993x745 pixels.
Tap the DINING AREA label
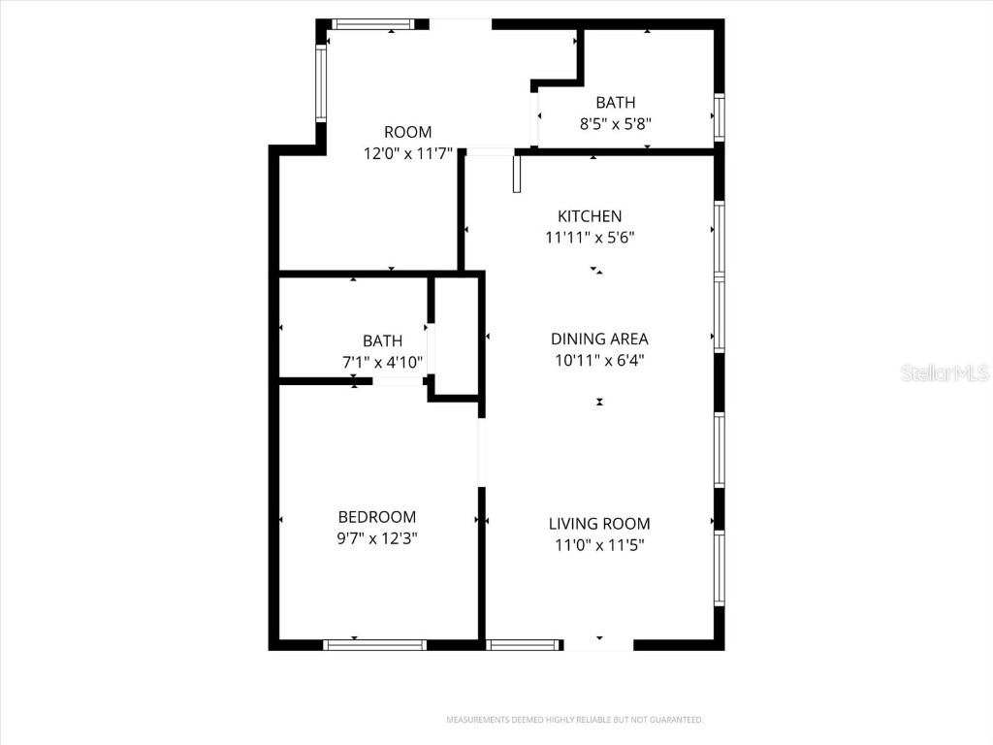tap(599, 339)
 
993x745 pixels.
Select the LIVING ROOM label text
tap(599, 524)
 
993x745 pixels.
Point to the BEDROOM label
tap(376, 517)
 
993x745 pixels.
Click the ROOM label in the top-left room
tap(407, 132)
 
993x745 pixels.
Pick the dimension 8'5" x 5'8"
tap(615, 123)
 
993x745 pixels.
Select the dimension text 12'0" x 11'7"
tap(407, 153)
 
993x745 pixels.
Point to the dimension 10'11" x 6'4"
tap(599, 360)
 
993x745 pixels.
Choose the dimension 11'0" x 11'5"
tap(599, 545)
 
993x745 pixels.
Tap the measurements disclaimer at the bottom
tap(574, 720)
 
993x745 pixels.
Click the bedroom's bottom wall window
tap(374, 644)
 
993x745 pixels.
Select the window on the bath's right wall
tap(719, 116)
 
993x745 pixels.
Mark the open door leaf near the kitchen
tap(517, 173)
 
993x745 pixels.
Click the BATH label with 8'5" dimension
tap(615, 102)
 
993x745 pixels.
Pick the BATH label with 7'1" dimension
tap(382, 340)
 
